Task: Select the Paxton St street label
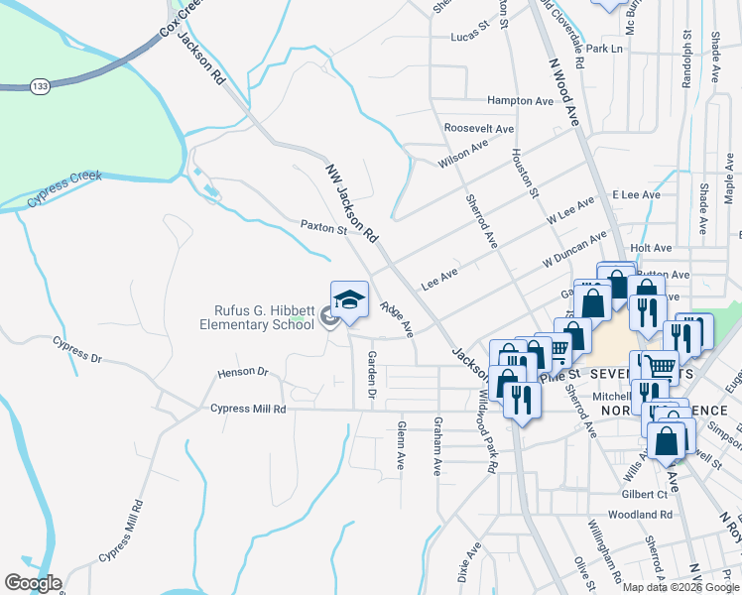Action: [x=322, y=228]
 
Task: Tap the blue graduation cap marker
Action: [x=349, y=299]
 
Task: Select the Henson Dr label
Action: [x=243, y=373]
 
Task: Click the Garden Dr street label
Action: [x=372, y=374]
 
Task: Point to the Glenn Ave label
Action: [x=401, y=443]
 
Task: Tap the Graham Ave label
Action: [x=436, y=445]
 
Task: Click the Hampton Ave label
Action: [x=519, y=101]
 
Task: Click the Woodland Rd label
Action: [x=640, y=515]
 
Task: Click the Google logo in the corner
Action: [x=33, y=583]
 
